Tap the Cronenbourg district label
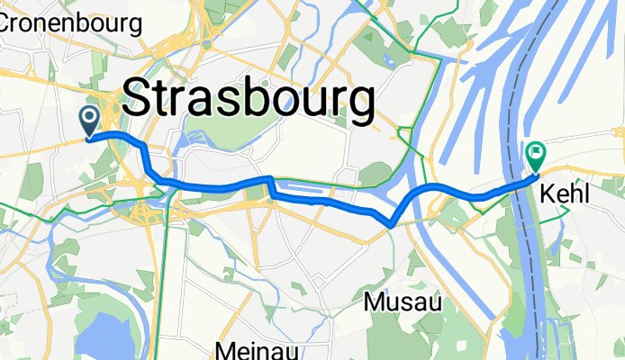click(x=70, y=22)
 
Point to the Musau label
click(x=403, y=302)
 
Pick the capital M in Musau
click(x=373, y=302)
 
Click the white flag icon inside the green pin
click(x=535, y=154)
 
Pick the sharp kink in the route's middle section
click(x=268, y=181)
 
